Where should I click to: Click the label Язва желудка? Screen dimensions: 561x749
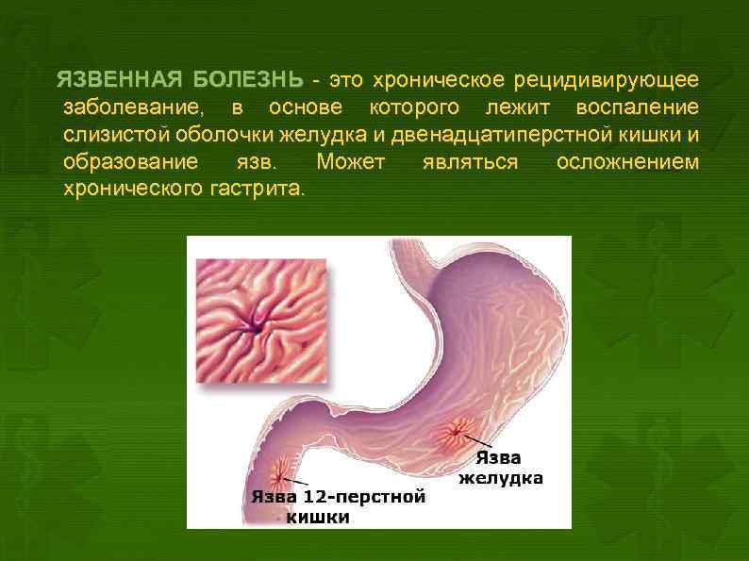500,468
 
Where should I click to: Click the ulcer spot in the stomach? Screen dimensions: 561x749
458,430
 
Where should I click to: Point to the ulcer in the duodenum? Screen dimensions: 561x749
282,469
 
